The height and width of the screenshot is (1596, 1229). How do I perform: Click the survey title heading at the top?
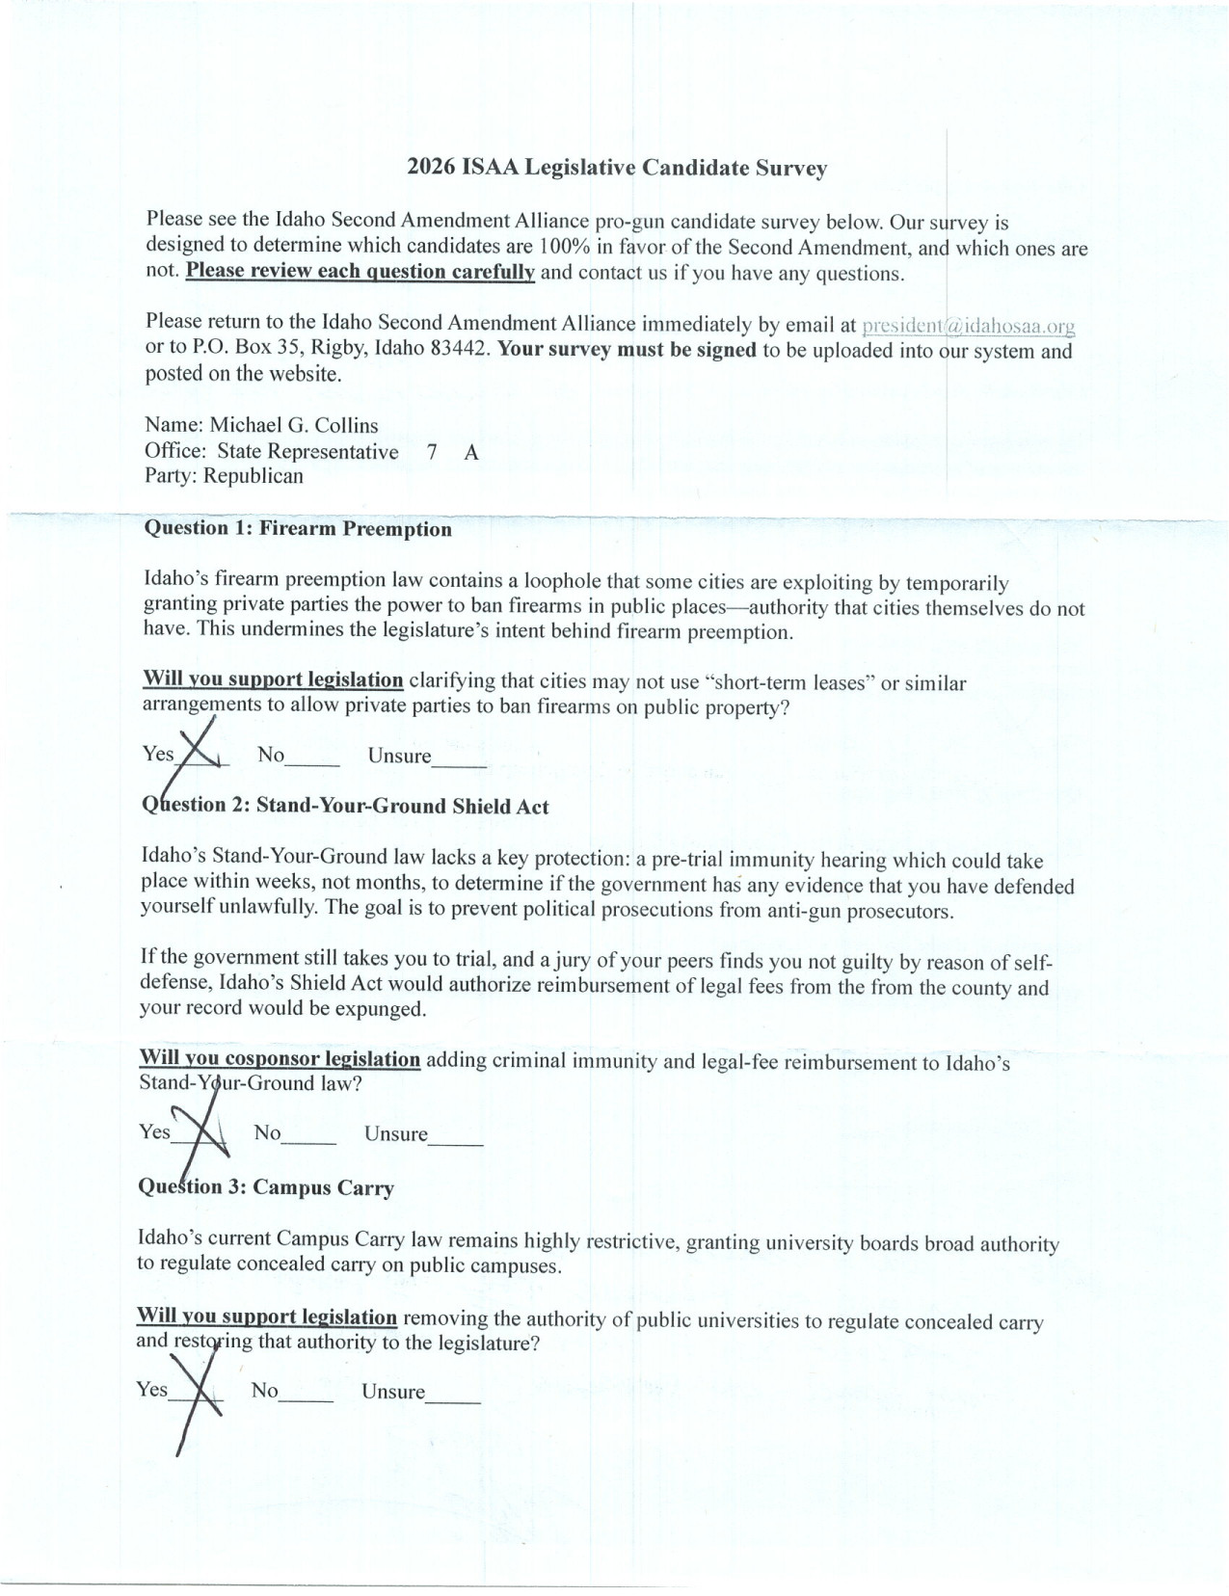tap(617, 169)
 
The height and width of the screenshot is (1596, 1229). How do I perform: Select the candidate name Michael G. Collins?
tap(294, 425)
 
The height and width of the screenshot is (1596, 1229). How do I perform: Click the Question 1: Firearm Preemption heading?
tap(297, 528)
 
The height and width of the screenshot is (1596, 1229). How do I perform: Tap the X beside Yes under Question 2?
tap(204, 1130)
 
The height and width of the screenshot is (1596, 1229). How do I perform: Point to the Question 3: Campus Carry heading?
tap(266, 1187)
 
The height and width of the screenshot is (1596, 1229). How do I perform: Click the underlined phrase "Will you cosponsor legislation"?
tap(280, 1058)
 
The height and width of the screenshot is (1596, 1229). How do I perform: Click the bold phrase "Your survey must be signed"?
tap(627, 349)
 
